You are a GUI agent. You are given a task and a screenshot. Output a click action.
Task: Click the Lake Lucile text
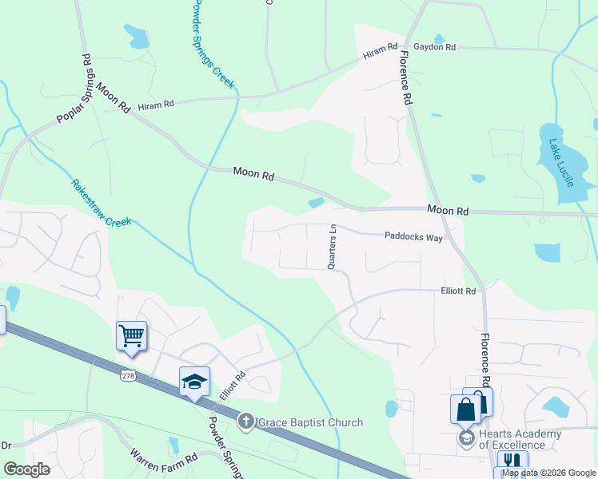click(x=560, y=163)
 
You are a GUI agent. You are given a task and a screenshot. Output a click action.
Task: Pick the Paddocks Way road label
click(x=413, y=237)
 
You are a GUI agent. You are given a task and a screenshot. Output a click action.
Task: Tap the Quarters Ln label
click(x=332, y=246)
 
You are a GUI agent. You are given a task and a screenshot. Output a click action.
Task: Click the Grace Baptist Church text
click(x=310, y=422)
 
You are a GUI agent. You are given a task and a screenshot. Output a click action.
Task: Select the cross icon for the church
click(x=246, y=422)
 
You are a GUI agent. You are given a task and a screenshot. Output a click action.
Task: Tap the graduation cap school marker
click(x=194, y=382)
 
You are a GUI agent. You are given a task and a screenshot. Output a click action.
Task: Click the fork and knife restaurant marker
click(x=512, y=462)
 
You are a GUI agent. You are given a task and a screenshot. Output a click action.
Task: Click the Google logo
click(x=27, y=469)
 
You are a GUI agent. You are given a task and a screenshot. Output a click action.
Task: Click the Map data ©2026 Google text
click(x=548, y=473)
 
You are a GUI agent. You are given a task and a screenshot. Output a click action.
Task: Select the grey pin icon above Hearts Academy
click(x=466, y=437)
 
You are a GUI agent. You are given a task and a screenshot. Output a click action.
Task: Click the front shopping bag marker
click(x=465, y=410)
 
